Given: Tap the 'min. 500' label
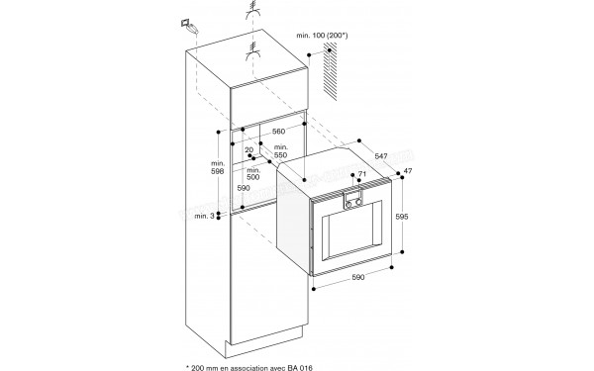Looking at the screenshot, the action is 254,175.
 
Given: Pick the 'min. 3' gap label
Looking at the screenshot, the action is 203,216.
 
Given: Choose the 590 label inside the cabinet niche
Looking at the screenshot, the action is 243,188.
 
